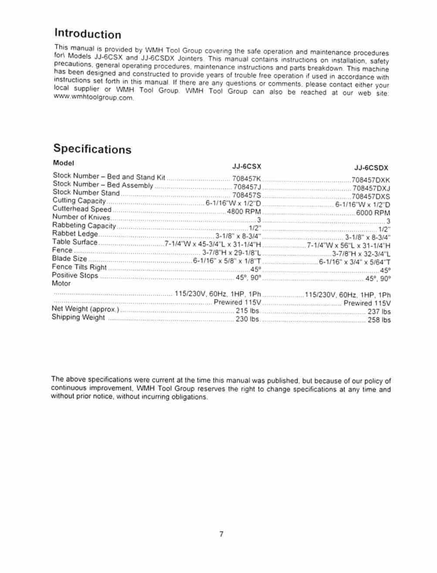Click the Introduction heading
[88, 34]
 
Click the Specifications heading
[92, 149]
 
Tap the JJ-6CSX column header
[247, 166]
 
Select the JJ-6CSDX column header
[371, 168]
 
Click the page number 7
[221, 534]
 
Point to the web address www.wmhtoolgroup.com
[93, 98]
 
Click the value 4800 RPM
[244, 212]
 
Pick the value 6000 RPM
[373, 213]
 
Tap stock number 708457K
[247, 178]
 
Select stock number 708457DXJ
[371, 188]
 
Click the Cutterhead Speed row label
[82, 209]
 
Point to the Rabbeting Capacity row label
[84, 225]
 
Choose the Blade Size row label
[70, 258]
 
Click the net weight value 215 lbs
[247, 311]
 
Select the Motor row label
[61, 283]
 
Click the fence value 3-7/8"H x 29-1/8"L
[231, 253]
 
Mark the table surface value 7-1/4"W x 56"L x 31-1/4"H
[349, 245]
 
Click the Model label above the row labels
[64, 163]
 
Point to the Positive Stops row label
[75, 275]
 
